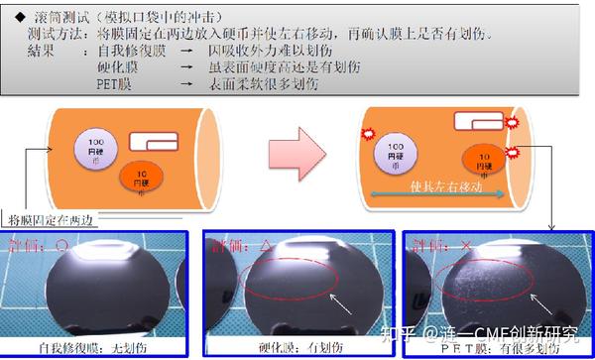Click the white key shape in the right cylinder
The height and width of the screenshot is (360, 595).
[x=474, y=123]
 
